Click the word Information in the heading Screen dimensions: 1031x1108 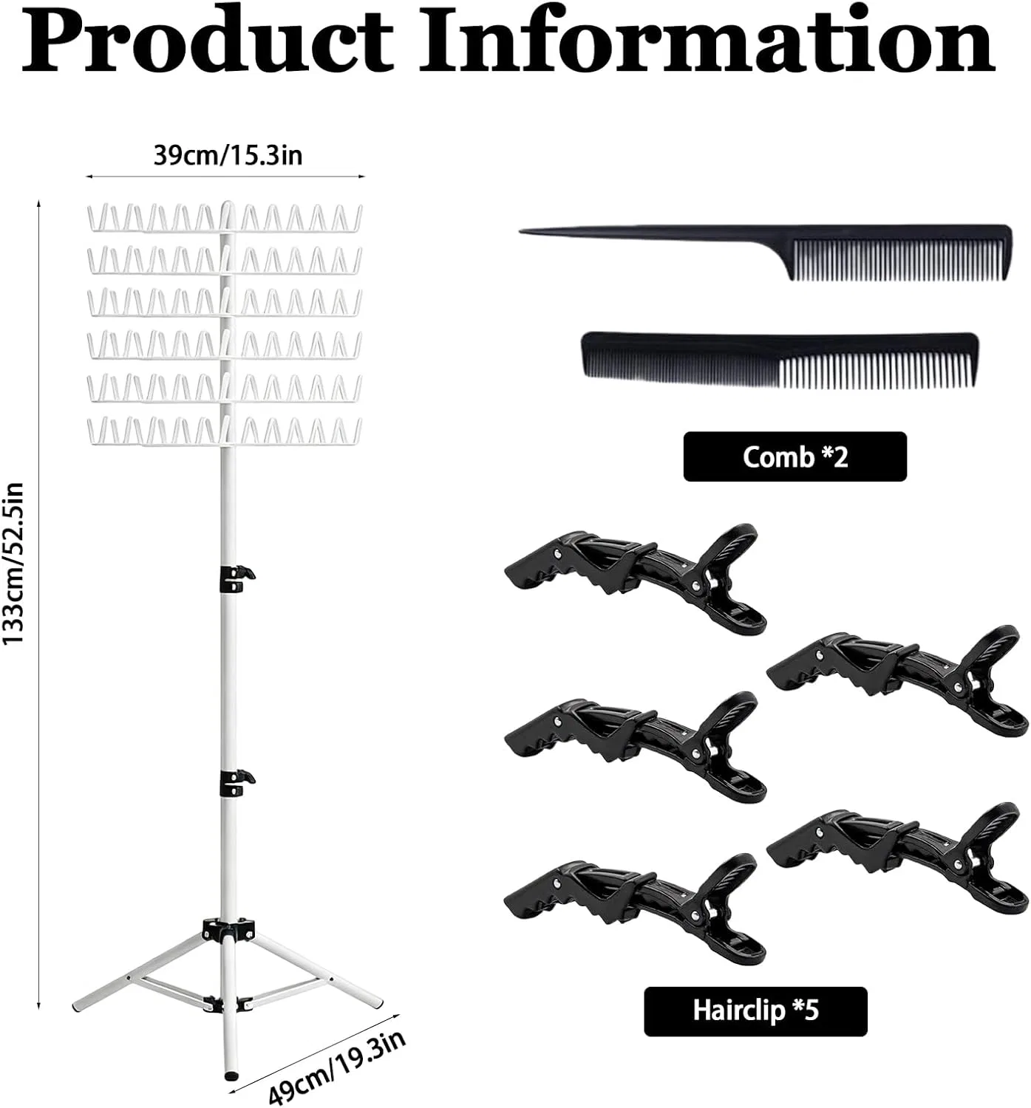tap(707, 39)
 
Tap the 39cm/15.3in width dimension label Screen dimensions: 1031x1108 tap(228, 155)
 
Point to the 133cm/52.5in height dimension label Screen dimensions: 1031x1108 tap(13, 564)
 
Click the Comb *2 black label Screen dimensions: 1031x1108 tap(795, 457)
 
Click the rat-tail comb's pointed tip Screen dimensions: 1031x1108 tap(521, 231)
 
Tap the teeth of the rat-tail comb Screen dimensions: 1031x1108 tap(899, 260)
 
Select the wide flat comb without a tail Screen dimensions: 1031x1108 tap(779, 360)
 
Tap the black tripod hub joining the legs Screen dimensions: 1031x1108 tap(228, 929)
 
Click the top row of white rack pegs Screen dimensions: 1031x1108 tap(225, 218)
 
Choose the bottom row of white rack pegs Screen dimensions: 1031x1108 tap(225, 431)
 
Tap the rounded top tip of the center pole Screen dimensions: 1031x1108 tap(227, 204)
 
